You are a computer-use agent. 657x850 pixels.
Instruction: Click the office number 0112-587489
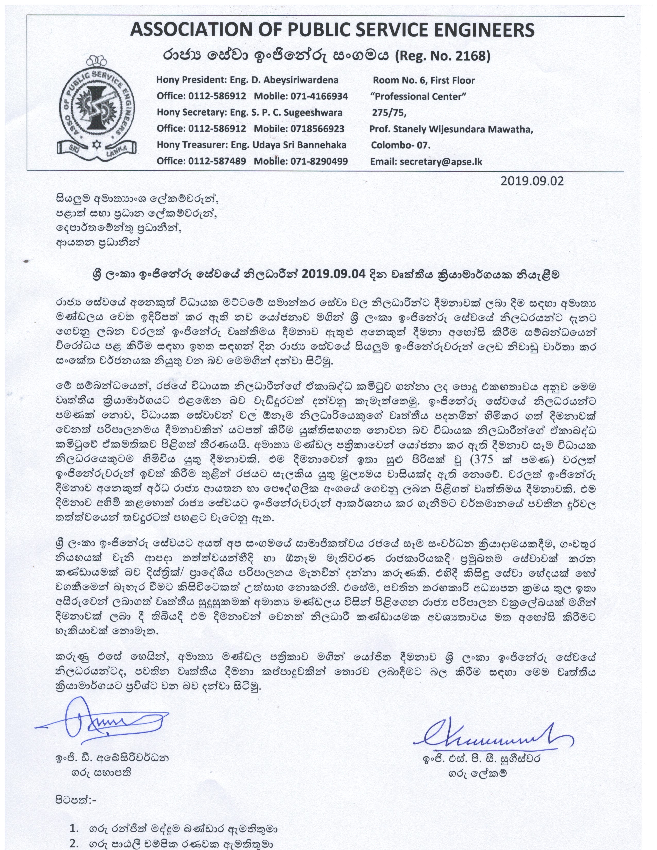(217, 161)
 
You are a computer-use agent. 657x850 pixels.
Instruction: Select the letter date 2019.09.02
(532, 181)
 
